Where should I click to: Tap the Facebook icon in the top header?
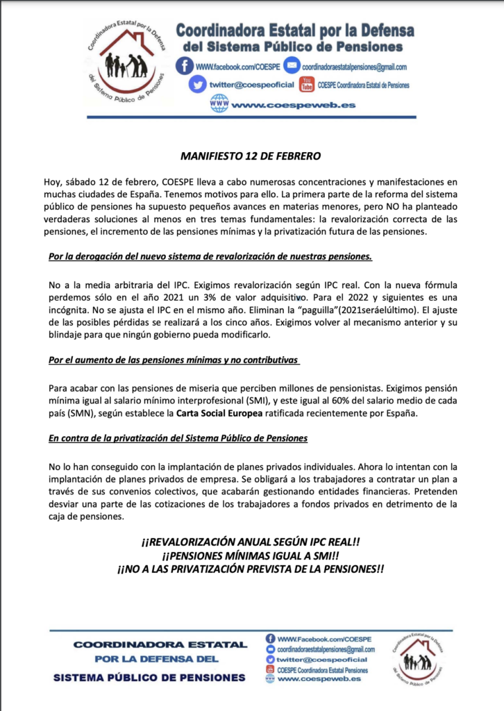click(185, 66)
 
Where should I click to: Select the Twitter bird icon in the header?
click(199, 85)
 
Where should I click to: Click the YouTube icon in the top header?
click(306, 85)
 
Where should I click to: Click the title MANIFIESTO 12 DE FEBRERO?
click(252, 156)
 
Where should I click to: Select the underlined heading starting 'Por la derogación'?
click(210, 256)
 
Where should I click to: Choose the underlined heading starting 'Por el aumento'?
click(174, 361)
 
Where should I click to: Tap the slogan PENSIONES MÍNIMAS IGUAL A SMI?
click(251, 556)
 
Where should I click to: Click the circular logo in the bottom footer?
click(418, 660)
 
